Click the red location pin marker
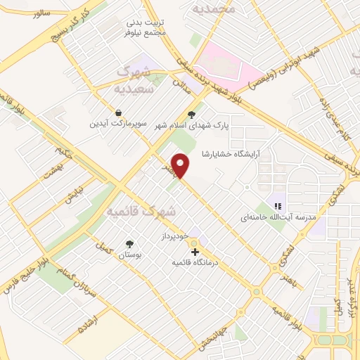(181, 165)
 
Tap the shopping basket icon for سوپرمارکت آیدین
(119, 112)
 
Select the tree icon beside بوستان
(130, 243)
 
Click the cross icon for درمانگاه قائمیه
(195, 252)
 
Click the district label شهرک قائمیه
(143, 211)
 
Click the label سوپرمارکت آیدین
(117, 124)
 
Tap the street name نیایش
(74, 195)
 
